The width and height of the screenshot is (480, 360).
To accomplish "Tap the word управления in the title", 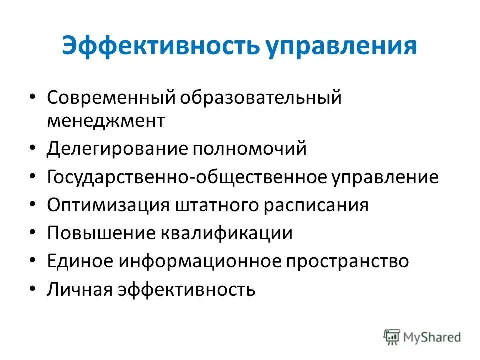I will [341, 47].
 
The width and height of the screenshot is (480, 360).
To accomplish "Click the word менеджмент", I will [106, 120].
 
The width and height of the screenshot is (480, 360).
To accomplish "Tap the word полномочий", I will [250, 149].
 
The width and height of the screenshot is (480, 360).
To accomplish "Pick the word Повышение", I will [101, 233].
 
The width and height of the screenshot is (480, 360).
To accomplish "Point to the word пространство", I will [347, 261].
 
